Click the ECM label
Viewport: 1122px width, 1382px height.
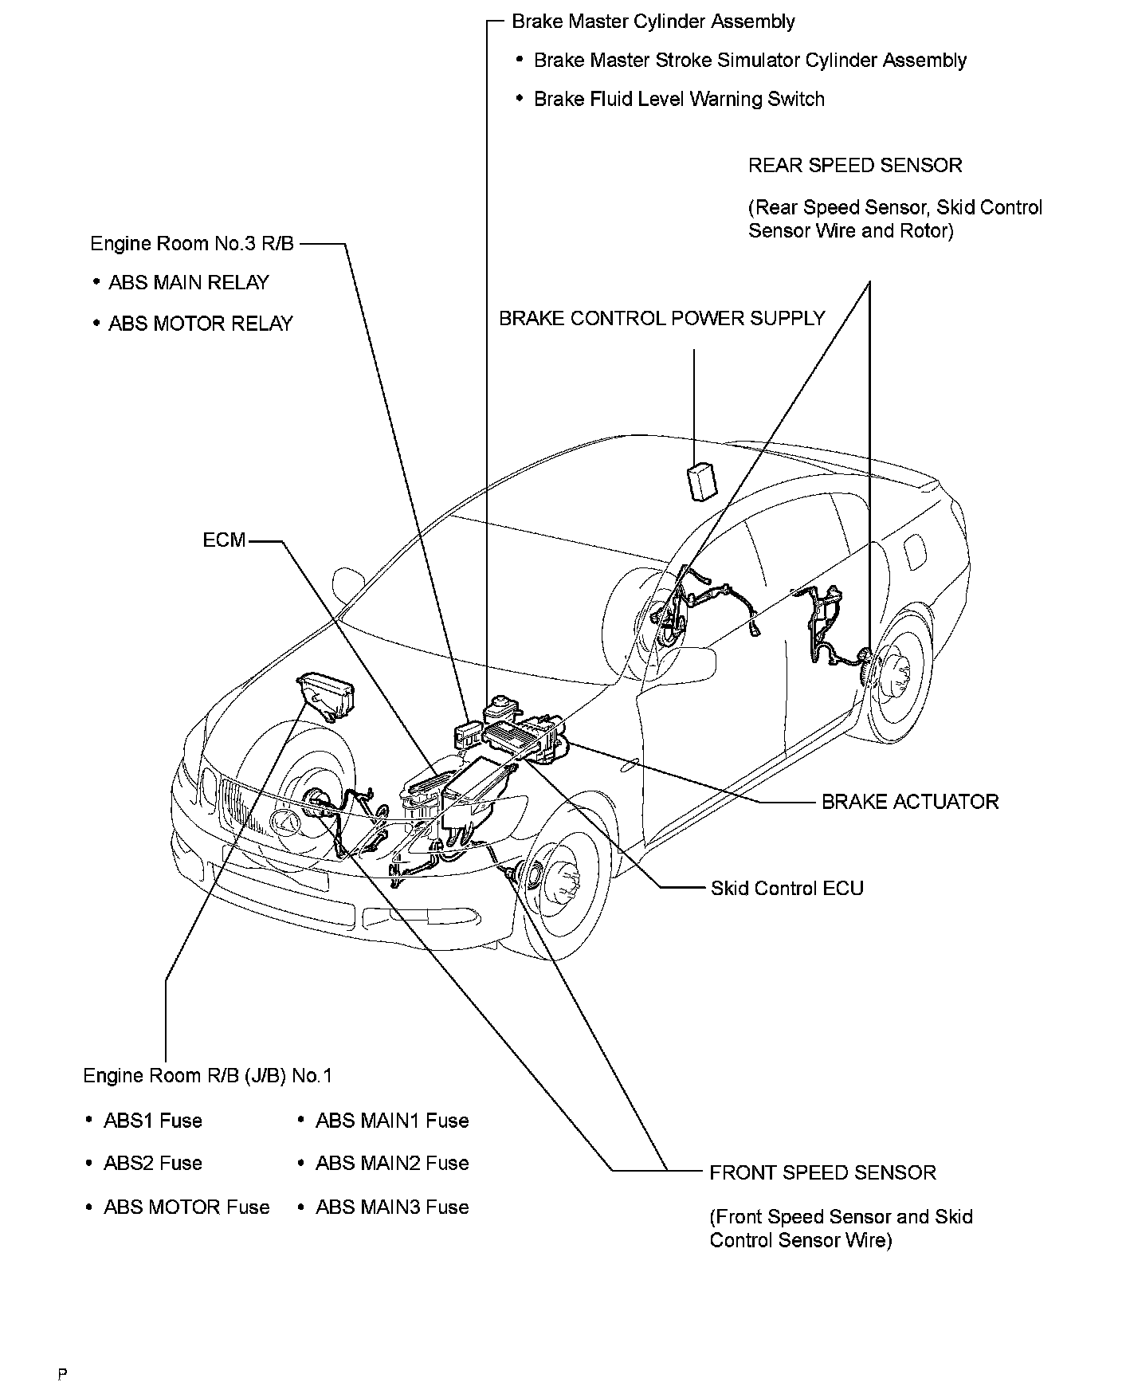click(x=224, y=540)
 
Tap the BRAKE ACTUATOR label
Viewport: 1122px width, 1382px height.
click(x=909, y=802)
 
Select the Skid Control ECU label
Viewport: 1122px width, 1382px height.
click(x=787, y=889)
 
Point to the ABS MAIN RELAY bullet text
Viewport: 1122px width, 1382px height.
click(x=188, y=283)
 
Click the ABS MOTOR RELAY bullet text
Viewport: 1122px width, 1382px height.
click(x=200, y=324)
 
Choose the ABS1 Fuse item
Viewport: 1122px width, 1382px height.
click(x=152, y=1121)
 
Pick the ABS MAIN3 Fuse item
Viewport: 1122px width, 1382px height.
click(x=391, y=1207)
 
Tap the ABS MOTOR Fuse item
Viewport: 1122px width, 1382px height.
click(x=186, y=1207)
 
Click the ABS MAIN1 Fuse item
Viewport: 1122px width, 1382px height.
click(x=391, y=1121)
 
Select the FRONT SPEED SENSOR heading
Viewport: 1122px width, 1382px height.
click(x=822, y=1172)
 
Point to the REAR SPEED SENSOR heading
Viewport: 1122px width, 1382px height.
click(x=855, y=166)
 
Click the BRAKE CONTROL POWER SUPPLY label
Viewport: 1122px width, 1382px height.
click(x=661, y=319)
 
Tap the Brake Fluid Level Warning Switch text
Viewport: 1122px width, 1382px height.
click(x=679, y=100)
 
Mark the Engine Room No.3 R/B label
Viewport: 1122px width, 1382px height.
click(x=192, y=244)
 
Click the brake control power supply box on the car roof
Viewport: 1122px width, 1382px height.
click(x=700, y=481)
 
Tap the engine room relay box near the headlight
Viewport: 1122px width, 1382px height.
click(x=327, y=695)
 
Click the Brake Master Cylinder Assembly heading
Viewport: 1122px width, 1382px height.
click(x=653, y=22)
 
